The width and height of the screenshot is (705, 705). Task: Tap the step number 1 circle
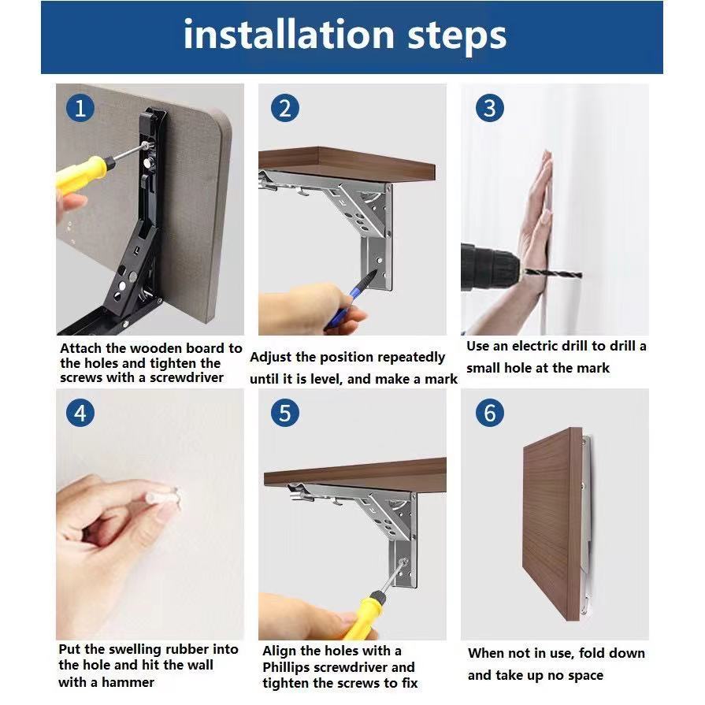click(x=80, y=108)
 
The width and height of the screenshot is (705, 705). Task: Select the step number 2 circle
click(x=285, y=108)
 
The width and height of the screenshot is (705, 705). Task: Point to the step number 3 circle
click(x=490, y=108)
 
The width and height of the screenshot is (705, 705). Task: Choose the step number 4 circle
click(x=80, y=413)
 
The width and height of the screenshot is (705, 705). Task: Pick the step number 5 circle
click(x=285, y=413)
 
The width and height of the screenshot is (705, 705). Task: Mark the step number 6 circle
click(x=490, y=413)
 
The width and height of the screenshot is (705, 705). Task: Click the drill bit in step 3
click(x=553, y=273)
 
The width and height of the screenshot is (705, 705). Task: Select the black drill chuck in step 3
click(x=490, y=268)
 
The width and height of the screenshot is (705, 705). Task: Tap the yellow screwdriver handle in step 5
click(x=364, y=614)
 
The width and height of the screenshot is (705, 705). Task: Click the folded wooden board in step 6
click(x=553, y=524)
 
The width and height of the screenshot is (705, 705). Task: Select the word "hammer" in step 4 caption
click(x=128, y=682)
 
